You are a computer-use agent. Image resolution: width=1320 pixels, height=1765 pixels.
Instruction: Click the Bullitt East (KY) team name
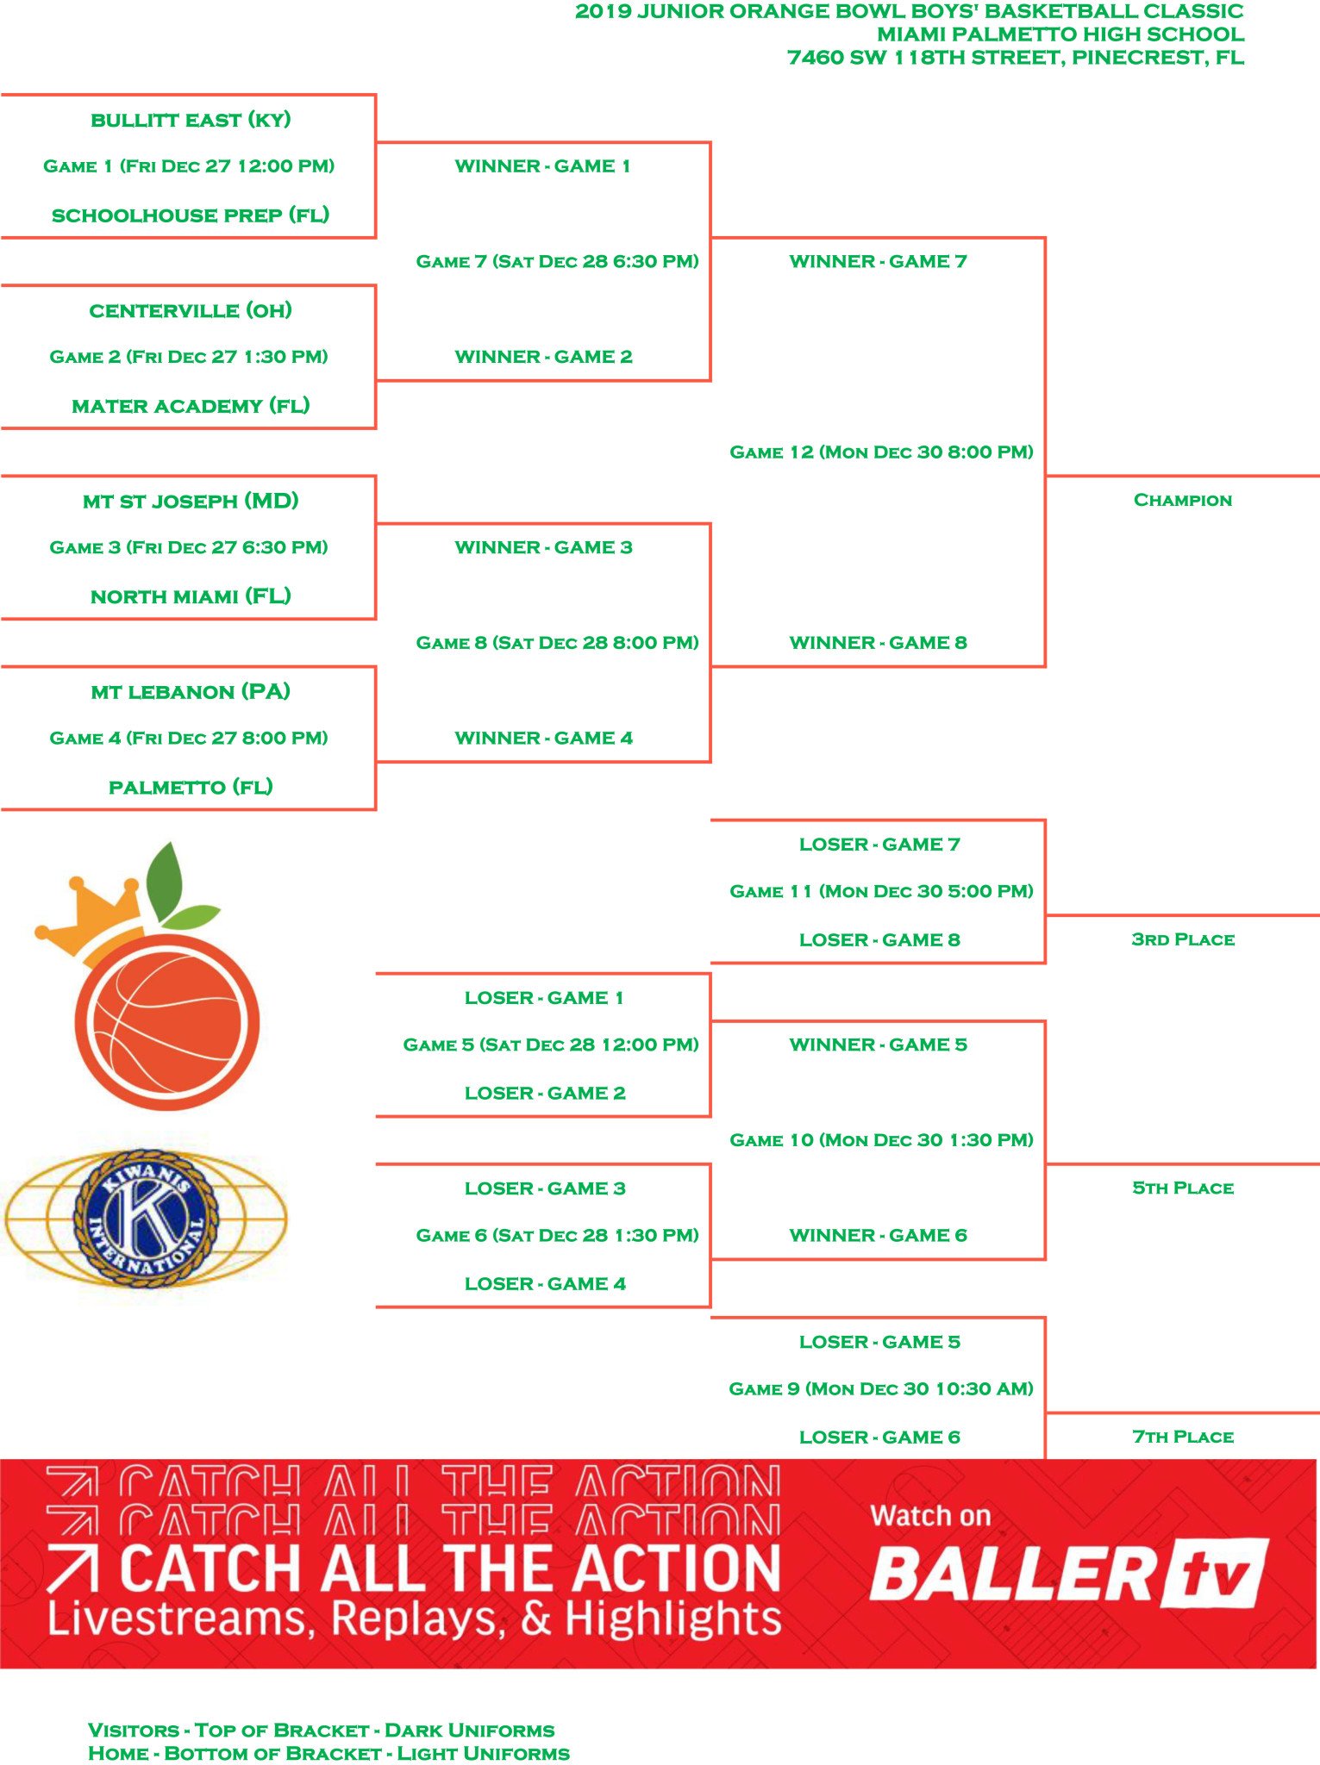tap(191, 120)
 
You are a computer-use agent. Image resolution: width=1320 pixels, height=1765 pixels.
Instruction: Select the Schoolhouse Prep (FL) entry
tap(191, 215)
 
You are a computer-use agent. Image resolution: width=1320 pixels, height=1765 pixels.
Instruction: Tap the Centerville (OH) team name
tap(191, 310)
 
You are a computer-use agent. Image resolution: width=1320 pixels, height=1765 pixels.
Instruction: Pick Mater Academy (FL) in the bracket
tap(191, 406)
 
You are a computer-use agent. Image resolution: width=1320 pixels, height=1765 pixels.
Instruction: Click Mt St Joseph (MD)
tap(191, 501)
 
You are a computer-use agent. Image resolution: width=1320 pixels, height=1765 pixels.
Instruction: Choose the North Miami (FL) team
tap(191, 596)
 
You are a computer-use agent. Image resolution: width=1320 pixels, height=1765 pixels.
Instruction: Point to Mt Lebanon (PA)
tap(191, 692)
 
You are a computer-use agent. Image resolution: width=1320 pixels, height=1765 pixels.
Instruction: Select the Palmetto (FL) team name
tap(191, 787)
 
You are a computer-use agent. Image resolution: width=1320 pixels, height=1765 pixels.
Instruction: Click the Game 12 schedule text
tap(881, 452)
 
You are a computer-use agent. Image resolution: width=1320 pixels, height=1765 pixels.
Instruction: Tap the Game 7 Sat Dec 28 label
tap(557, 261)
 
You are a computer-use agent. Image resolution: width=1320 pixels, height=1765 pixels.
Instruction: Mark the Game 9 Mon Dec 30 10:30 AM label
tap(881, 1388)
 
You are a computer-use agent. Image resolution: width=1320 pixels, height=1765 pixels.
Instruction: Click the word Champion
tap(1182, 501)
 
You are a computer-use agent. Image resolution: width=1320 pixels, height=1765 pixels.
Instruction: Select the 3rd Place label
tap(1182, 939)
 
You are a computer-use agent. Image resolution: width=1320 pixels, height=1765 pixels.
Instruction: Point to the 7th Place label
tap(1182, 1437)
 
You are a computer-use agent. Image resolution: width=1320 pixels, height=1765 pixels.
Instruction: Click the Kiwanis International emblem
tap(147, 1217)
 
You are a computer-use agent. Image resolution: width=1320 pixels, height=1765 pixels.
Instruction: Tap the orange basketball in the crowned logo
tap(167, 1021)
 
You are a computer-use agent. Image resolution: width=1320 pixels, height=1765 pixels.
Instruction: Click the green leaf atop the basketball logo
tap(165, 881)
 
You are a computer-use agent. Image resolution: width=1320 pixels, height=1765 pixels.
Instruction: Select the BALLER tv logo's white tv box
tap(1216, 1574)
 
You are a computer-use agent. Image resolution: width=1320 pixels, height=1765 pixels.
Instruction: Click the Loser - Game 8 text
tap(879, 940)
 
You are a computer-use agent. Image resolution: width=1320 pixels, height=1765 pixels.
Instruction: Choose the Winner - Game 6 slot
tap(878, 1235)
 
